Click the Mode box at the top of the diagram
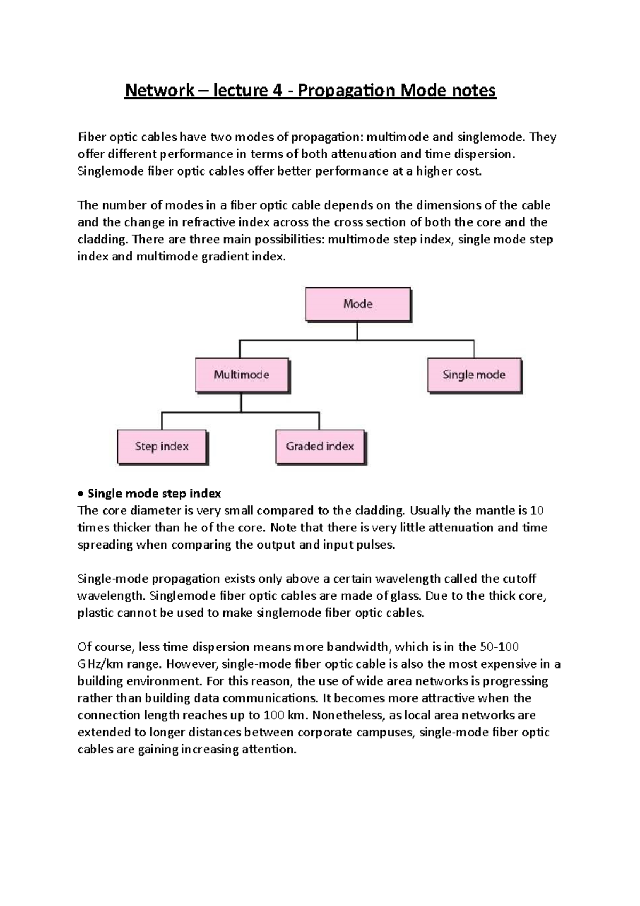[358, 304]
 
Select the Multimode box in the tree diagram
[242, 375]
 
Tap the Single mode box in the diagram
[474, 375]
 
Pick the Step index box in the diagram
[162, 446]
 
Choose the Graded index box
[320, 446]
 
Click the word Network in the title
[159, 91]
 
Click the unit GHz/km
[102, 664]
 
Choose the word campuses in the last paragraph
[382, 733]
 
